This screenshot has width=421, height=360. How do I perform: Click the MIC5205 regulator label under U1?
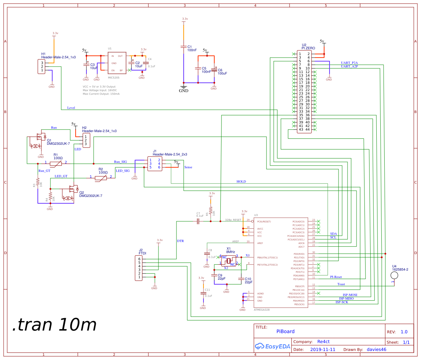tap(113, 77)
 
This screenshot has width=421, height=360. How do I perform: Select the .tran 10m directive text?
tap(54, 325)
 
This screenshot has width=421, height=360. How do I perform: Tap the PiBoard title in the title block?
tap(285, 332)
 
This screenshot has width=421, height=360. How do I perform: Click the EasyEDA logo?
tap(271, 346)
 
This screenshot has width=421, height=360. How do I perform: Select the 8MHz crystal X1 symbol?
tap(228, 260)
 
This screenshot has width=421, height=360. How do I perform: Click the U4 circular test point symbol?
tap(394, 275)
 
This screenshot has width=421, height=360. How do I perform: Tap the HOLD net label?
tap(241, 181)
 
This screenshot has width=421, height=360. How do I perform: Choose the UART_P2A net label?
tap(349, 63)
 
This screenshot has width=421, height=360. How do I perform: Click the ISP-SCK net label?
tap(341, 302)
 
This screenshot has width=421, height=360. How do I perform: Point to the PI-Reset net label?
tap(336, 277)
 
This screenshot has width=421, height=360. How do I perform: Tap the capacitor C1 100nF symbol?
tap(184, 47)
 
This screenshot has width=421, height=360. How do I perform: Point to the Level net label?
tap(71, 108)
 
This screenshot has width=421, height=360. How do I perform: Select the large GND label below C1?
tap(184, 91)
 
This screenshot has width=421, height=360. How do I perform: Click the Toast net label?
tap(341, 284)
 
